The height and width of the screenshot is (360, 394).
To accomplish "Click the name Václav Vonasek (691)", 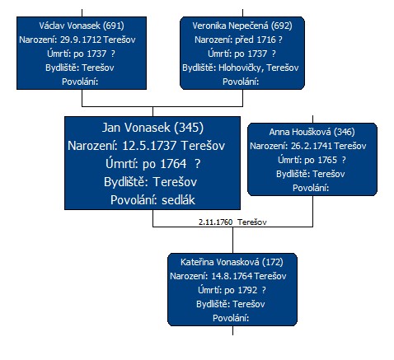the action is [82, 26].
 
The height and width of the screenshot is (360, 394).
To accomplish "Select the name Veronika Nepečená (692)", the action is [242, 26].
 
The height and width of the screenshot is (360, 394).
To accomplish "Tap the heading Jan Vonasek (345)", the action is [152, 128].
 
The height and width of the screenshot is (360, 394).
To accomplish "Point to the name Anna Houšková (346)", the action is [312, 132].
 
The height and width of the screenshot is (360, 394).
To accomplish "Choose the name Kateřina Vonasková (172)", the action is [232, 262].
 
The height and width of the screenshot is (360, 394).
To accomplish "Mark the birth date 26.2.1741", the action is [312, 146].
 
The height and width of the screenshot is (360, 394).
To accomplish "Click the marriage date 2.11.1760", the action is [215, 222].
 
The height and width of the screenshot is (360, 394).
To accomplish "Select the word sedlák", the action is [178, 200].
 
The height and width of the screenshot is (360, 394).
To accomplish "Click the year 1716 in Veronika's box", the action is [266, 40].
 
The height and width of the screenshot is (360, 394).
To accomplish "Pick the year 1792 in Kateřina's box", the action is [247, 290].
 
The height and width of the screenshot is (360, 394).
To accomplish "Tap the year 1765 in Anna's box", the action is [327, 160].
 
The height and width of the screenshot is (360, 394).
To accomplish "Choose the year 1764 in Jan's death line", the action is [173, 164].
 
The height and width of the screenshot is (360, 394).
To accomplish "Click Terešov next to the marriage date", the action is [252, 222].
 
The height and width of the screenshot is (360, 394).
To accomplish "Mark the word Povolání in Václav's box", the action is [80, 82].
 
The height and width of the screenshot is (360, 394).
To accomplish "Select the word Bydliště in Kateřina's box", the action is [214, 304].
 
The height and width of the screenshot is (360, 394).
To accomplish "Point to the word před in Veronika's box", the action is [244, 40].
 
